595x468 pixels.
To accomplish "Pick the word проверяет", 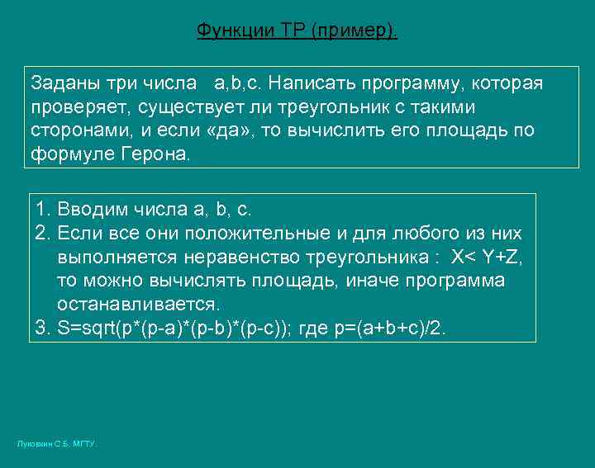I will (80, 106).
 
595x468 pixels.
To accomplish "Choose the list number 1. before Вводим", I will (44, 210).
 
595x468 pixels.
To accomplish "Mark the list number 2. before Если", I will (44, 234).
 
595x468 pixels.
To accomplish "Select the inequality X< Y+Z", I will (486, 258).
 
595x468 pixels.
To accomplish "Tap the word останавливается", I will (138, 305).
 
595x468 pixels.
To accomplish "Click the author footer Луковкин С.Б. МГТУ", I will (56, 444).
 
